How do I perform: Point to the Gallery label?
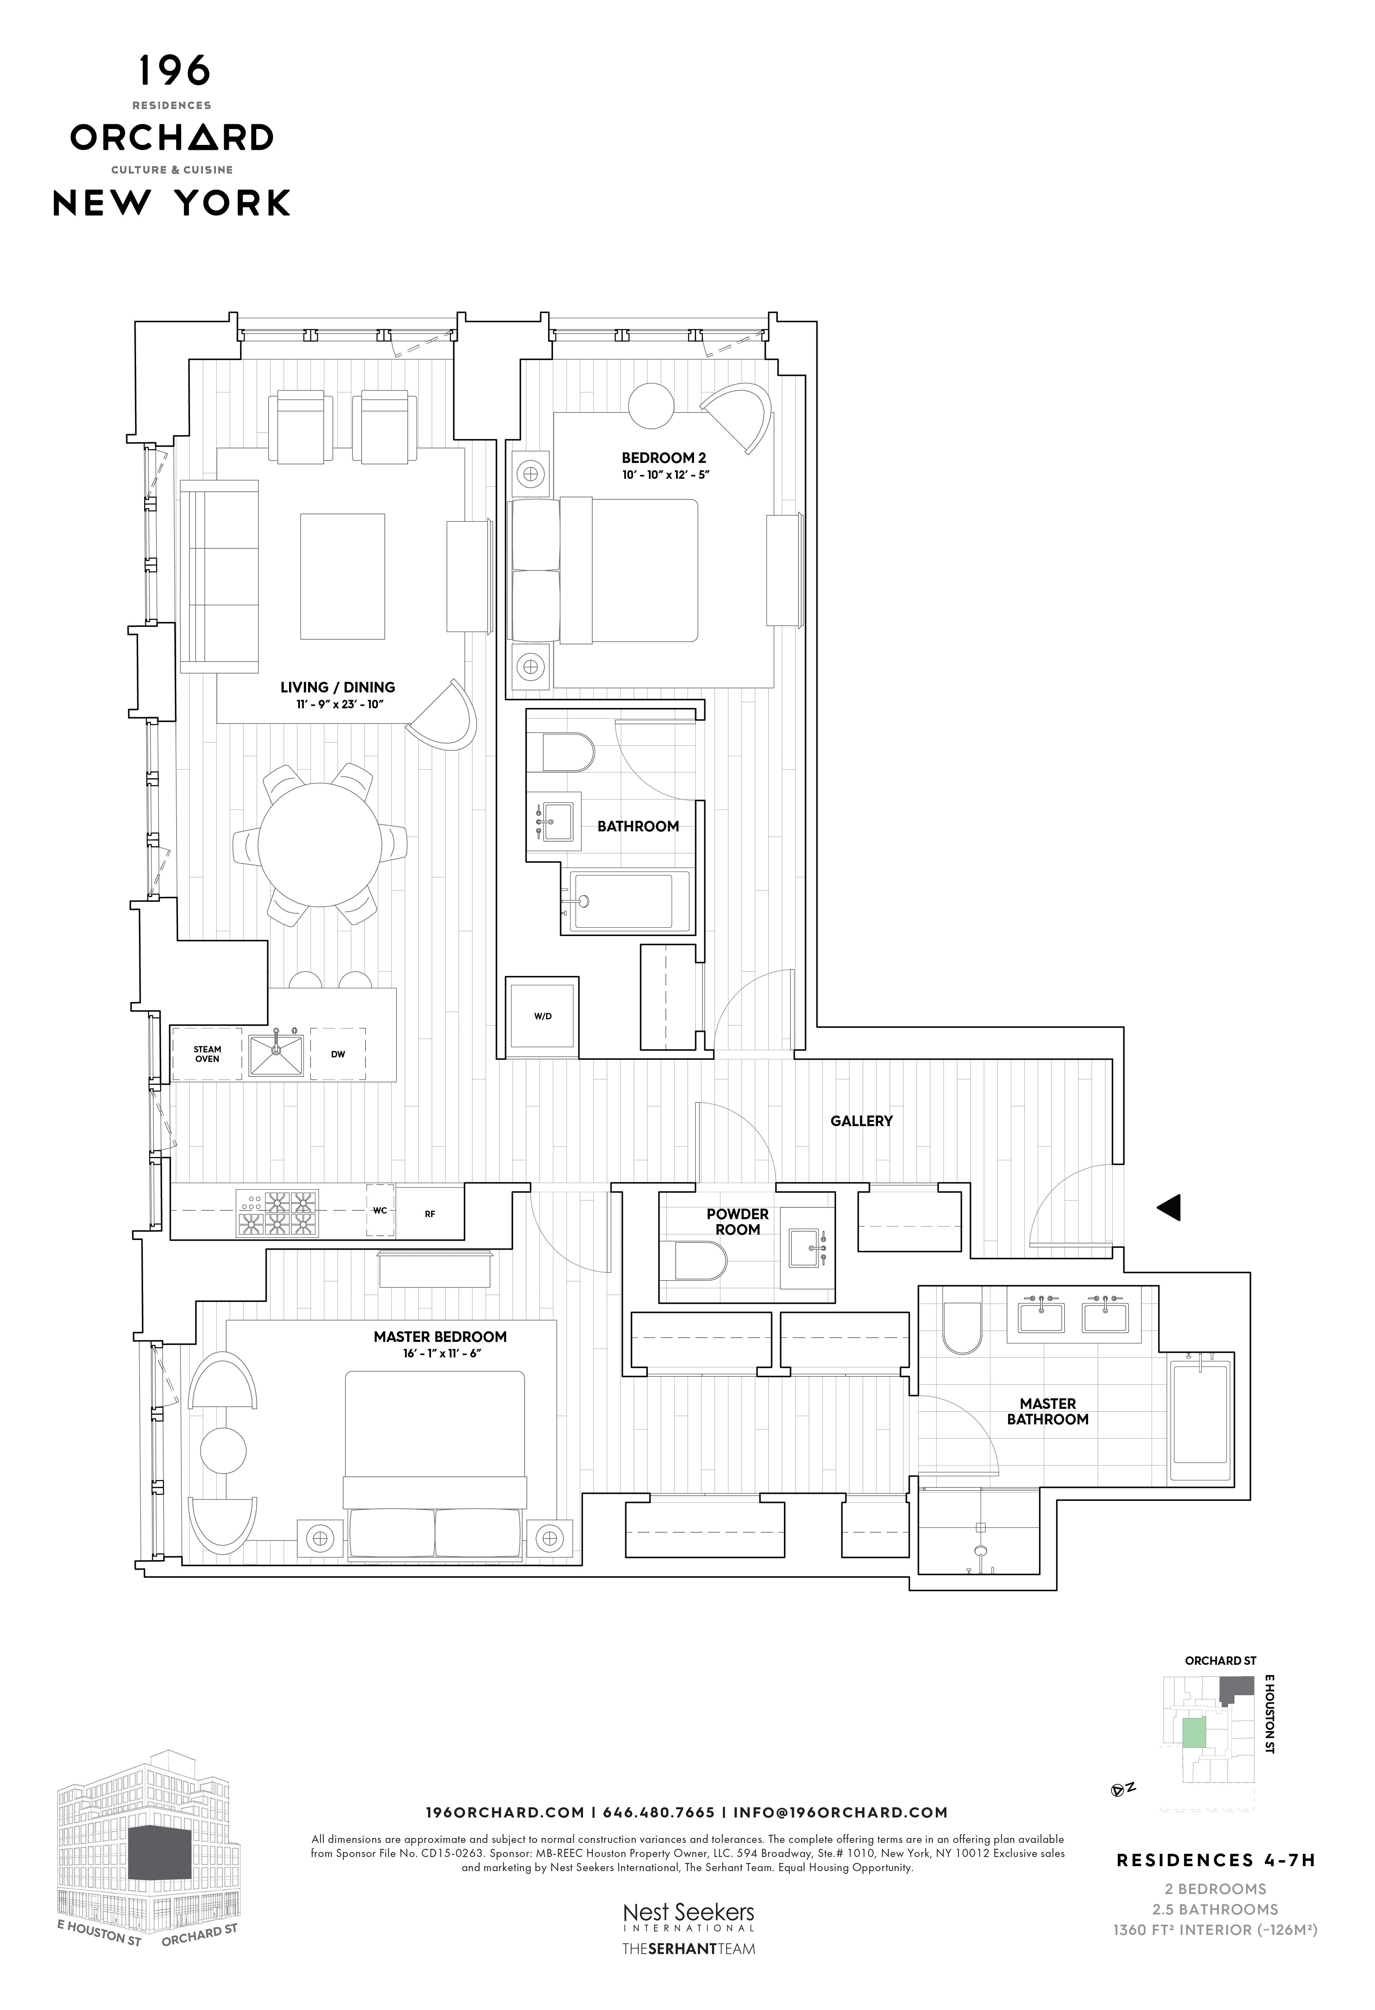pyautogui.click(x=861, y=1121)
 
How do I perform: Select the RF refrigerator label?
pyautogui.click(x=430, y=1214)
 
